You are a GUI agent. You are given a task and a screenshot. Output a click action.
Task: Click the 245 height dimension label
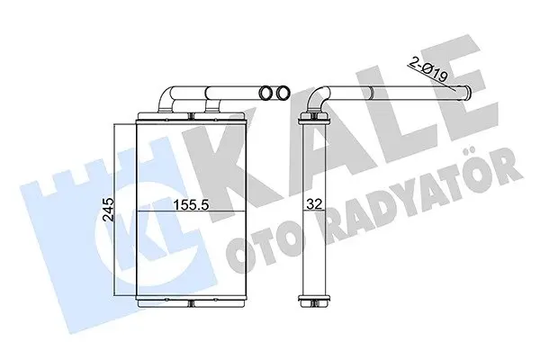click(107, 210)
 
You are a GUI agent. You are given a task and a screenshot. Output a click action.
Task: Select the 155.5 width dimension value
click(191, 205)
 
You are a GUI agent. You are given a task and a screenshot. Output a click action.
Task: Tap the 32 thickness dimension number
click(314, 204)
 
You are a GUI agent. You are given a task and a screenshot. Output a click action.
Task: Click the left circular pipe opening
click(265, 93)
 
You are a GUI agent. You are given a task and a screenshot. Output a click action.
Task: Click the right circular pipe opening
click(283, 93)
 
